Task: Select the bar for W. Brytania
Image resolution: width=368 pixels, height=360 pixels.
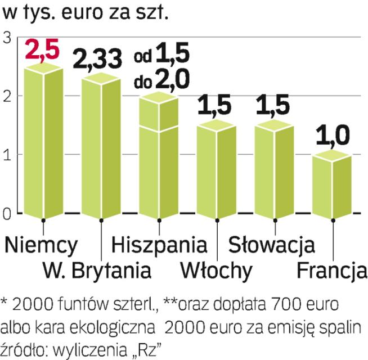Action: (101, 146)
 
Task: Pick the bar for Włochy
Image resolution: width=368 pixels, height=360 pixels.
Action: (217, 169)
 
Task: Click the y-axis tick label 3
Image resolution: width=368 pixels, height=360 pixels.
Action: (7, 38)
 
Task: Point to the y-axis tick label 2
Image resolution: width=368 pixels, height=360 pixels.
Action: (7, 96)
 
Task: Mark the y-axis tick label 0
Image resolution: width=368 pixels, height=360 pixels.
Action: (7, 213)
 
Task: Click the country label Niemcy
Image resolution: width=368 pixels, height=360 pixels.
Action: (41, 245)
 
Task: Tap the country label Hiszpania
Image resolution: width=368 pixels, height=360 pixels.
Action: (159, 246)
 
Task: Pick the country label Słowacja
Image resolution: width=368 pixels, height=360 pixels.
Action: (271, 245)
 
